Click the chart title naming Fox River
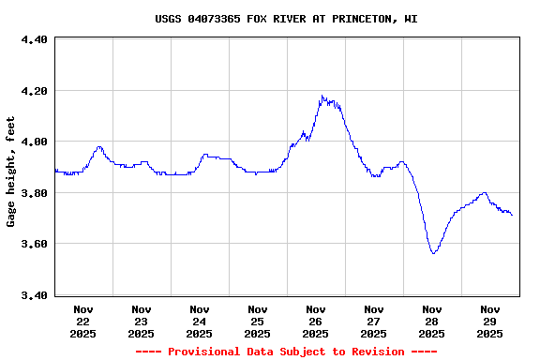(286, 19)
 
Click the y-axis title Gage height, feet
(11, 172)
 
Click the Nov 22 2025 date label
(83, 321)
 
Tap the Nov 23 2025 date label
(142, 321)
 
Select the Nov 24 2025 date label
(200, 321)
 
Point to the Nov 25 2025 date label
(258, 321)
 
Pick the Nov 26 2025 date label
(316, 321)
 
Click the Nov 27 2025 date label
(374, 321)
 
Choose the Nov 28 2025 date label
(432, 321)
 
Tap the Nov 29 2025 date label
(490, 321)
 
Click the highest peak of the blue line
(322, 96)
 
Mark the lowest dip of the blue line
(433, 253)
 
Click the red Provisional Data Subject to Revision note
(286, 352)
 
